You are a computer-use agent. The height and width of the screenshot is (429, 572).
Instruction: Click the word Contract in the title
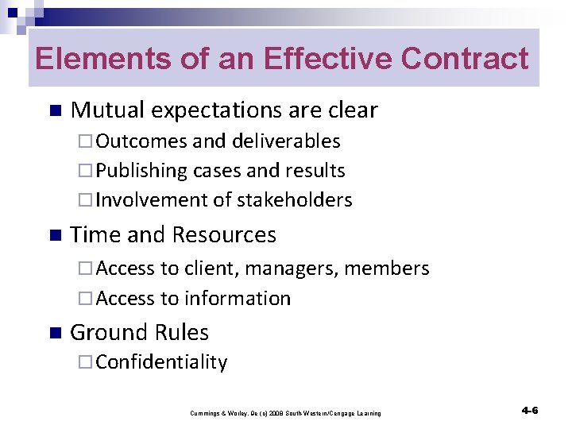click(x=465, y=59)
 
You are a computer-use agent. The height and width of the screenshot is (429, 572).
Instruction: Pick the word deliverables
click(x=286, y=141)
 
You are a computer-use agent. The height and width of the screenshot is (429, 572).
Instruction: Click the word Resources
click(x=224, y=235)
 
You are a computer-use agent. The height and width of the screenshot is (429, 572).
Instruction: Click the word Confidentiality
click(x=161, y=362)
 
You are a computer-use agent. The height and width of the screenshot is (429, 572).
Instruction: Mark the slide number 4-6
click(x=530, y=410)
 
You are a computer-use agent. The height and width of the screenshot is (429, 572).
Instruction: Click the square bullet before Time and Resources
click(x=54, y=236)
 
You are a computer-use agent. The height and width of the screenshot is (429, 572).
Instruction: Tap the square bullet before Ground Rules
click(x=54, y=333)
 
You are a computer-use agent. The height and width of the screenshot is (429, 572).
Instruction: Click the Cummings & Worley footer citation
click(x=285, y=413)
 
